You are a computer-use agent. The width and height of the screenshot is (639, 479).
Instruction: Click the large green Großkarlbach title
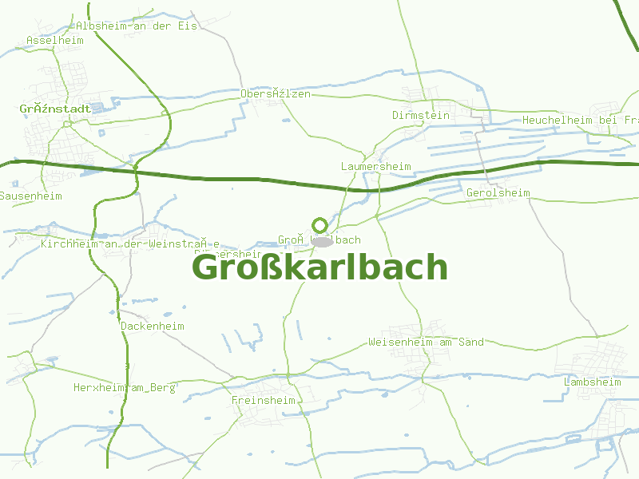click(x=319, y=268)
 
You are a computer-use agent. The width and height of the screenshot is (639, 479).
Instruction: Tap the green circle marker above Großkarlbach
click(x=319, y=226)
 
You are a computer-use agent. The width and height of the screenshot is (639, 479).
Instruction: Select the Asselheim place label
click(x=55, y=40)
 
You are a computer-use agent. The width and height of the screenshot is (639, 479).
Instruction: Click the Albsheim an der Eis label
click(x=137, y=26)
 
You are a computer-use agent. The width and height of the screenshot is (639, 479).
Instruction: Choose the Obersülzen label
click(x=276, y=94)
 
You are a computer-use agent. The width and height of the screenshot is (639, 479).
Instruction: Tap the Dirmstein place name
click(x=421, y=116)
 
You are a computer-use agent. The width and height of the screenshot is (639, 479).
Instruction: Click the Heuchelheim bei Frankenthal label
click(x=580, y=121)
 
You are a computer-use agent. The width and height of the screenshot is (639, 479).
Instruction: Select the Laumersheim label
click(x=375, y=167)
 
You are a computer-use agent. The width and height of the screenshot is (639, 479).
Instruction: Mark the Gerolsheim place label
click(x=498, y=193)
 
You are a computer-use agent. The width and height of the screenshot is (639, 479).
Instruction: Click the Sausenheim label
click(x=31, y=196)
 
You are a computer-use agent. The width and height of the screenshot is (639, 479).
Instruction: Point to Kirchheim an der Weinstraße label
click(x=130, y=244)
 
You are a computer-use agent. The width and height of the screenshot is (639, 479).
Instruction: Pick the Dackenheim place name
click(x=153, y=327)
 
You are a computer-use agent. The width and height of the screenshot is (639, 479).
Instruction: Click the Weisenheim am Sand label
click(x=426, y=342)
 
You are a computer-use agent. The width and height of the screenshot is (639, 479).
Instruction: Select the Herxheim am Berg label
click(x=124, y=387)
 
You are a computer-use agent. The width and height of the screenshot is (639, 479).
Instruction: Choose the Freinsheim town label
click(x=263, y=400)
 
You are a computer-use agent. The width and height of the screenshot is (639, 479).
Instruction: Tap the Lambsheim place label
click(x=592, y=382)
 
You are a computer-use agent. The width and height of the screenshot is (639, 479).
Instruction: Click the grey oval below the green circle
click(x=321, y=241)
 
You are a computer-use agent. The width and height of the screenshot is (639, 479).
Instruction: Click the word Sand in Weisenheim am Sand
click(x=471, y=342)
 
